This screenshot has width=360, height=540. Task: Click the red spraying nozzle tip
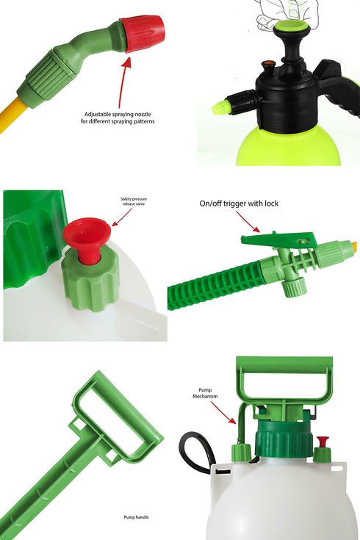click(x=144, y=33)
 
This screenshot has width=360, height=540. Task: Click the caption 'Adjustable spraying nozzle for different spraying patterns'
click(x=119, y=118)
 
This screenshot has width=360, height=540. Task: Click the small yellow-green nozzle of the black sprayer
click(x=220, y=108)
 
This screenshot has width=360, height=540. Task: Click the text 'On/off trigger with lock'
click(x=239, y=204)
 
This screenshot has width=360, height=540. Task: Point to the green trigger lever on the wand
click(x=279, y=240)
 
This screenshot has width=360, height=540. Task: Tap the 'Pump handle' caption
click(x=136, y=517)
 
